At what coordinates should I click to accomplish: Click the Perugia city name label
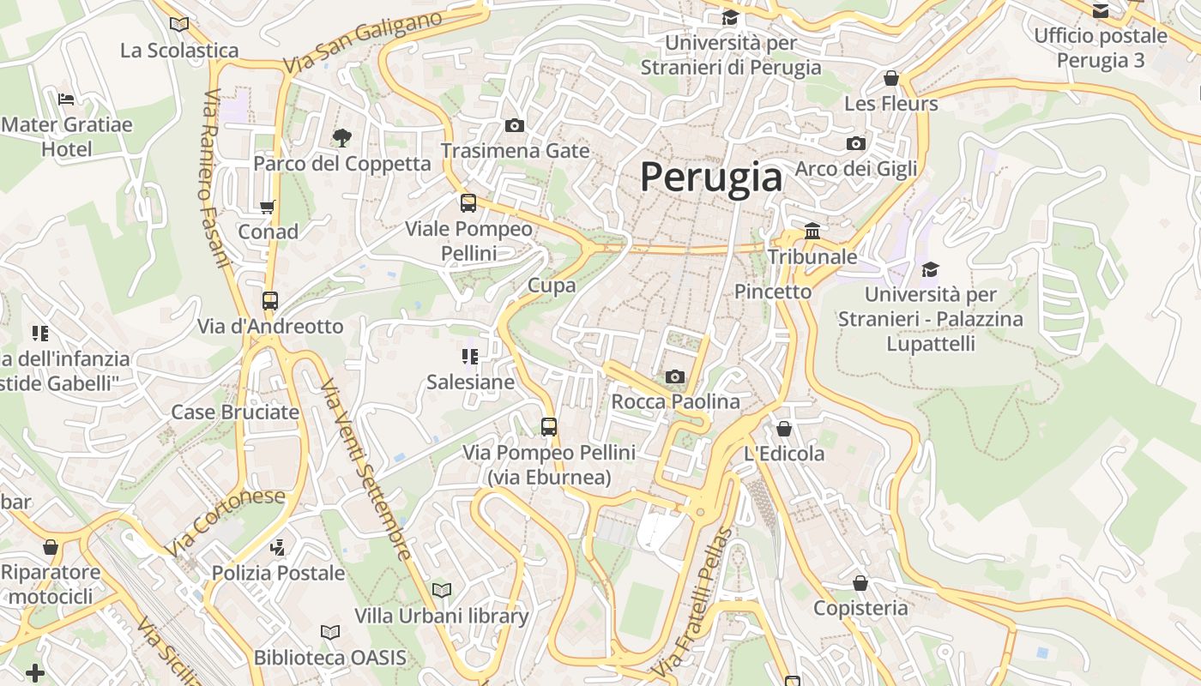pos(711,178)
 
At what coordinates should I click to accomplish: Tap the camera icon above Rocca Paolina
pos(675,376)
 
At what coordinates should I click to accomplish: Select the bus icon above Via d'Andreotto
pos(270,301)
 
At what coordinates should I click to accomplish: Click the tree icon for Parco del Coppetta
pos(341,137)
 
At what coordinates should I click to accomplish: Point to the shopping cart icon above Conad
pos(268,207)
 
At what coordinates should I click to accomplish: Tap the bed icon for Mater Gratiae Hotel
pos(66,99)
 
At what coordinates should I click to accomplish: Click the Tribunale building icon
pos(812,231)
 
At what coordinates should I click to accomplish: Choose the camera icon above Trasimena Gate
pos(515,126)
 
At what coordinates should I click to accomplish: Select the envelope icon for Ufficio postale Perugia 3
pos(1100,10)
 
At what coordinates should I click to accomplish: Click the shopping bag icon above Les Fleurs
pos(891,78)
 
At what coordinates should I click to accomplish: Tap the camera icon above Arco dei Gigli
pos(855,143)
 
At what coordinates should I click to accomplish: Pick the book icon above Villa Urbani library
pos(442,590)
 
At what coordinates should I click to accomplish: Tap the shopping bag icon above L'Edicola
pos(784,429)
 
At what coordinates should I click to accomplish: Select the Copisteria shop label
pos(860,608)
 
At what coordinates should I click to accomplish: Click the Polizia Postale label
pos(278,573)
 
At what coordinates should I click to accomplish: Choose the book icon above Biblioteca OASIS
pos(330,632)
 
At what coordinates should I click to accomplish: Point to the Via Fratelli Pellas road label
pos(693,600)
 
